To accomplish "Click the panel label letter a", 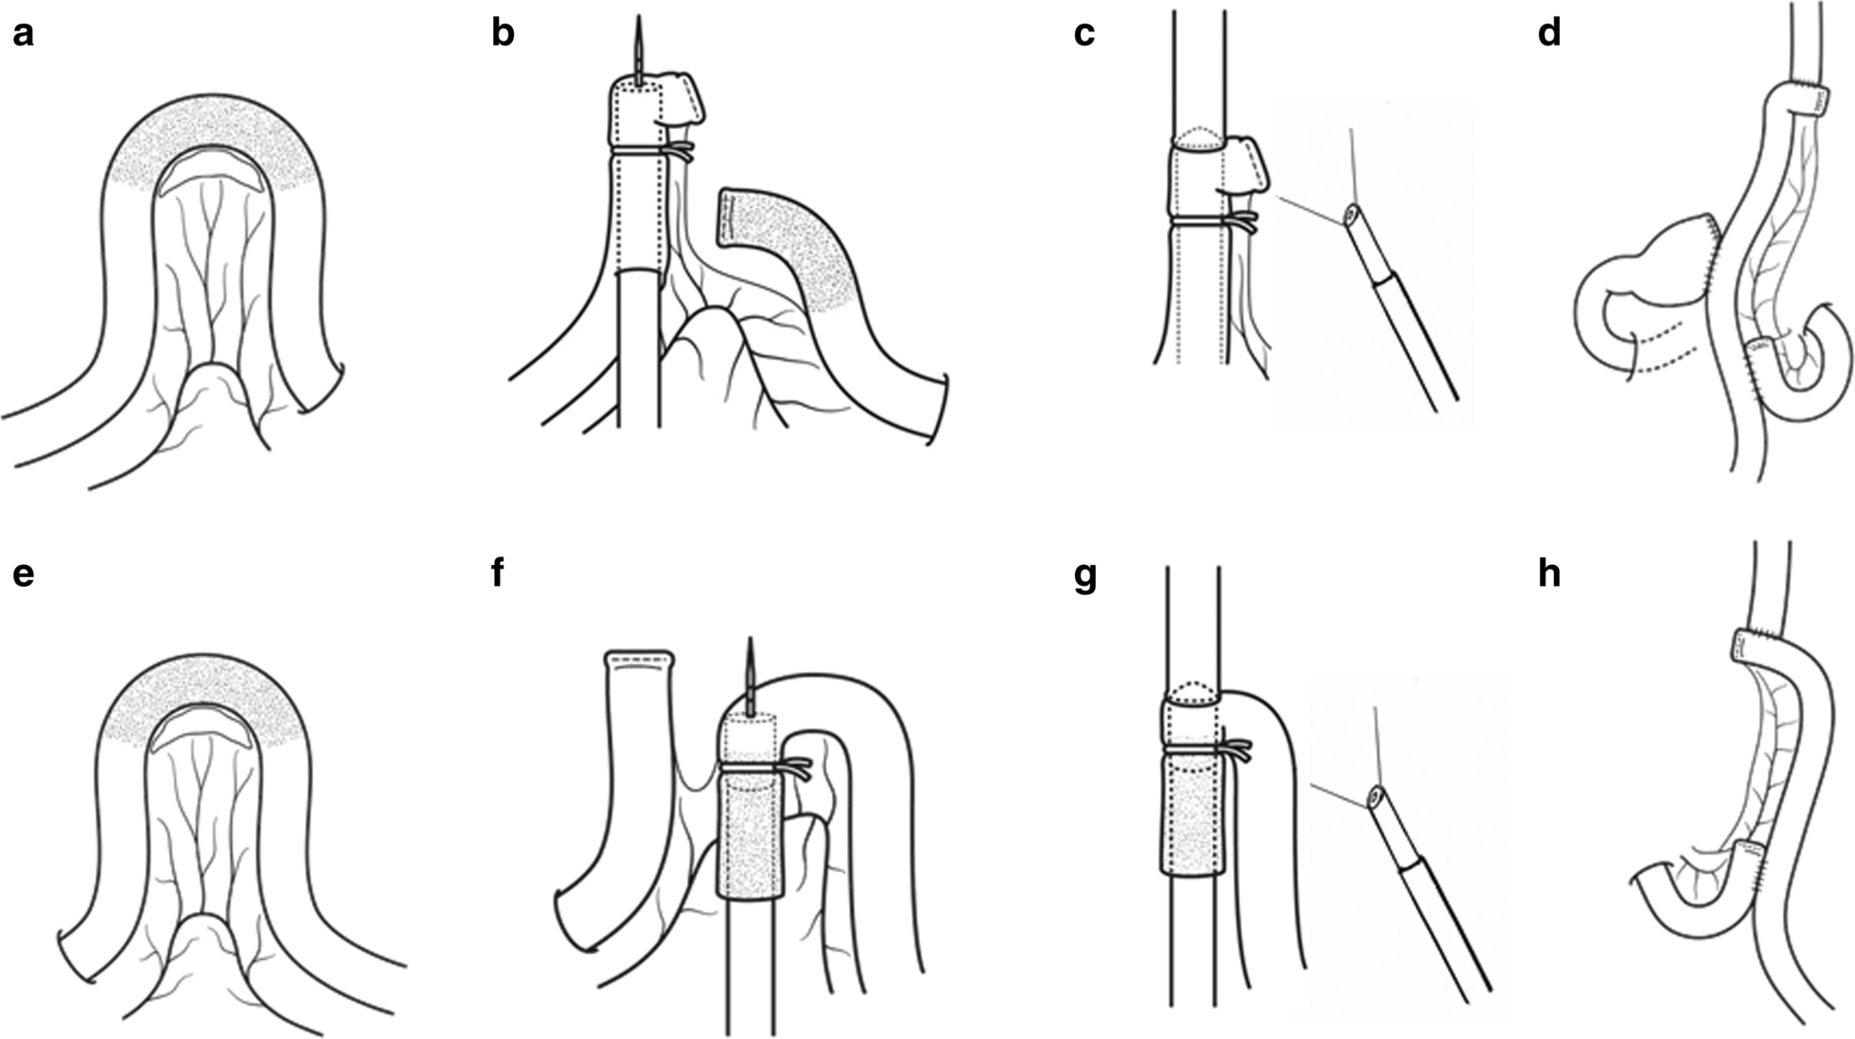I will point(23,34).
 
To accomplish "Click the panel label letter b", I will point(503,34).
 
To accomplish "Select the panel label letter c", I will point(1085,34).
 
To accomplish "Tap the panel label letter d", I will point(1549,34).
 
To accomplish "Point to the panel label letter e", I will point(23,573).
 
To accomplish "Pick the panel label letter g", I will point(1085,577).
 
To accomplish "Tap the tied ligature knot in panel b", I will point(678,151).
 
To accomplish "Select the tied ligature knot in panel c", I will point(1240,222).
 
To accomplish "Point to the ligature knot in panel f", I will point(793,768).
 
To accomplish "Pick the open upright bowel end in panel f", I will point(639,659).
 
